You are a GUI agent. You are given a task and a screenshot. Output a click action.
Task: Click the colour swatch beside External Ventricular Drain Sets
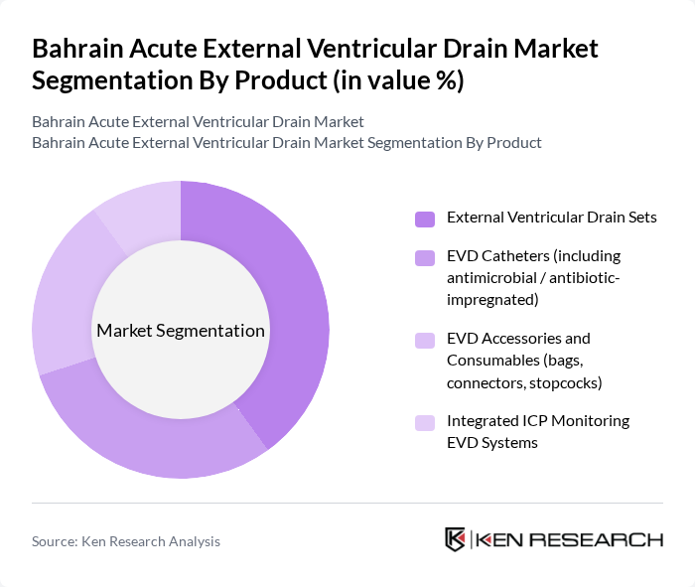pyautogui.click(x=425, y=219)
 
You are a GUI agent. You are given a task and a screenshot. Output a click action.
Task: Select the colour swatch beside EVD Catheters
pyautogui.click(x=425, y=257)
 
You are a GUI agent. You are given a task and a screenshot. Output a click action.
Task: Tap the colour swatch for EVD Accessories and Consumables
pyautogui.click(x=425, y=340)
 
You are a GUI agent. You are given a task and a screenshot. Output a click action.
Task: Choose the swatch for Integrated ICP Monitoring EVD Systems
pyautogui.click(x=425, y=422)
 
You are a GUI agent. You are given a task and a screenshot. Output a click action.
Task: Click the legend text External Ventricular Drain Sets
pyautogui.click(x=551, y=218)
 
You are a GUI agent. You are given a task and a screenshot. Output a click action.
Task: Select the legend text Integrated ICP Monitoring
pyautogui.click(x=538, y=421)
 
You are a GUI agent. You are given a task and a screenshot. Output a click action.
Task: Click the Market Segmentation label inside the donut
pyautogui.click(x=181, y=331)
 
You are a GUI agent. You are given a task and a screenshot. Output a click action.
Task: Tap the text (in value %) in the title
pyautogui.click(x=397, y=80)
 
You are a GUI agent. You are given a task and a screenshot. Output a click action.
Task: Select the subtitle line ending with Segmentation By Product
pyautogui.click(x=286, y=142)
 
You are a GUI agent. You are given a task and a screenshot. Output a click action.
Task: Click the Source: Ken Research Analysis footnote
pyautogui.click(x=126, y=541)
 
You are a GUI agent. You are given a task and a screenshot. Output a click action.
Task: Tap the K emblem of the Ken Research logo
pyautogui.click(x=455, y=539)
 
